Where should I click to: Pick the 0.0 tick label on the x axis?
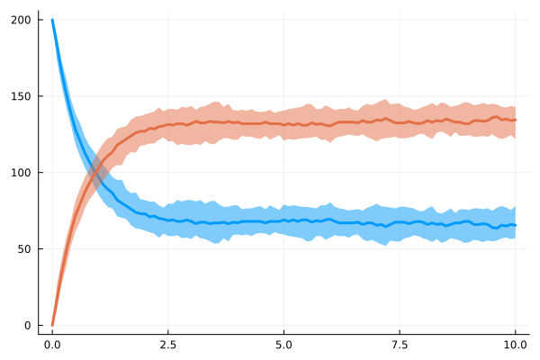coord(52,344)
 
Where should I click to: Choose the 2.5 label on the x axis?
coord(168,344)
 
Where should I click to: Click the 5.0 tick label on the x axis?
coord(283,344)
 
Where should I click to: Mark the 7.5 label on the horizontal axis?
coord(400,344)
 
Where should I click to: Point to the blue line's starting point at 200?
coord(52,20)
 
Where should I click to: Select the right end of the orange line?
coord(516,120)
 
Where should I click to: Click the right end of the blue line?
coord(516,225)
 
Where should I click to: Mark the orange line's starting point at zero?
coord(52,325)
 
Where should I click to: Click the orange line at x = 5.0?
coord(283,123)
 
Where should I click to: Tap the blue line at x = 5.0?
coord(283,220)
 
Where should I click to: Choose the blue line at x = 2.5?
coord(168,219)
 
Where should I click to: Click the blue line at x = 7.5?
coord(400,222)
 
